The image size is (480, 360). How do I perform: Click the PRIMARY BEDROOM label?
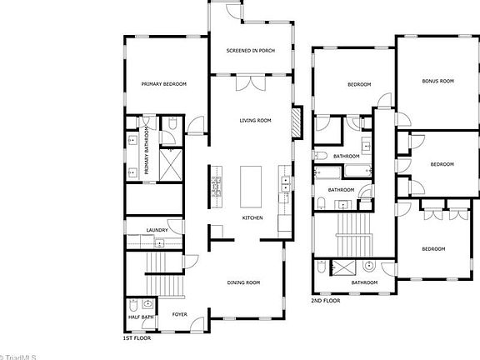pyautogui.click(x=163, y=84)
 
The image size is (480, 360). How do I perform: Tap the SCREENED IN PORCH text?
pyautogui.click(x=251, y=51)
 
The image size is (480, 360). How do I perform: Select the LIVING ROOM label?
pyautogui.click(x=255, y=121)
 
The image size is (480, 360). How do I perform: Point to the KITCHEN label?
pyautogui.click(x=252, y=218)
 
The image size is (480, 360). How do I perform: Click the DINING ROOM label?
pyautogui.click(x=244, y=282)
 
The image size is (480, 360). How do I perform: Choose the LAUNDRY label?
pyautogui.click(x=157, y=231)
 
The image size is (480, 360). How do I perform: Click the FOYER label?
pyautogui.click(x=179, y=315)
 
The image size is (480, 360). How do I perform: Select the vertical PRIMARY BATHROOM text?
pyautogui.click(x=146, y=151)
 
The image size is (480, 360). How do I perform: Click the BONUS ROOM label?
pyautogui.click(x=437, y=81)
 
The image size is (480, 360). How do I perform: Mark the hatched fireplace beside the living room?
pyautogui.click(x=296, y=123)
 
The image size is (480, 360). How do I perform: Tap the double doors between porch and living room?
pyautogui.click(x=251, y=83)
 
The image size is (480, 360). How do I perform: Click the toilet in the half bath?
pyautogui.click(x=147, y=304)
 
